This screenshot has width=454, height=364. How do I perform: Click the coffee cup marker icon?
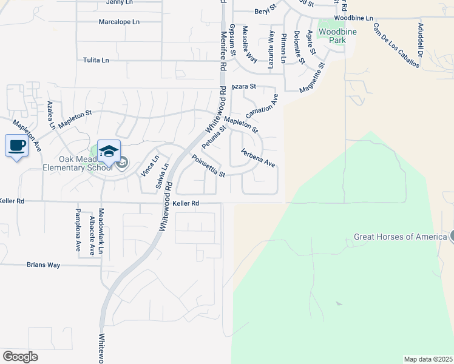coord(16,146)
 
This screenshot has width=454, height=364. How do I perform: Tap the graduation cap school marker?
coord(109,151)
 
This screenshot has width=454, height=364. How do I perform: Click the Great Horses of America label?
coord(401,237)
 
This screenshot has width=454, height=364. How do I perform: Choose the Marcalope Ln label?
coord(119,22)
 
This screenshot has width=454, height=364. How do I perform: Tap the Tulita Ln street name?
coord(96,60)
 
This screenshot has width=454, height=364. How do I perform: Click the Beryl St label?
coord(265,12)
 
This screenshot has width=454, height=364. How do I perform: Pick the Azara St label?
coord(244,87)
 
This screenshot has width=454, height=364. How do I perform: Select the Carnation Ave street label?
coord(262,107)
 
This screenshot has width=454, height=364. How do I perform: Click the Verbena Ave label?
coord(258,158)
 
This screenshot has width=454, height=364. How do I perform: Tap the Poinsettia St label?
coord(208,166)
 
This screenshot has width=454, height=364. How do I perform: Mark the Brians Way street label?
coord(43,265)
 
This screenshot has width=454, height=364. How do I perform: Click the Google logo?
coord(20,357)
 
